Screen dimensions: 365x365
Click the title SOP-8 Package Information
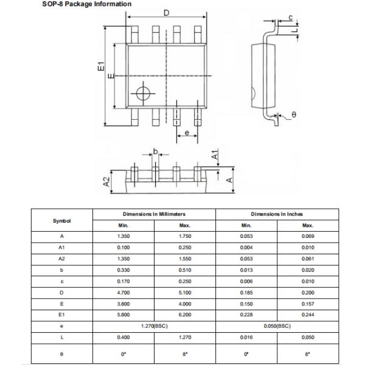pyautogui.click(x=77, y=4)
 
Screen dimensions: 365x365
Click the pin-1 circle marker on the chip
pyautogui.click(x=144, y=93)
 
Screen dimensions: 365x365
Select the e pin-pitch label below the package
pyautogui.click(x=186, y=133)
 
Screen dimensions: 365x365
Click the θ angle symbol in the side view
pyautogui.click(x=293, y=114)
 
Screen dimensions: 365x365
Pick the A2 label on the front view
pyautogui.click(x=106, y=181)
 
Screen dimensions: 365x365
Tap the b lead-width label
pyautogui.click(x=156, y=151)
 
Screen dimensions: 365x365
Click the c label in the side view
pyautogui.click(x=291, y=17)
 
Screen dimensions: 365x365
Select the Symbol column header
pyautogui.click(x=62, y=220)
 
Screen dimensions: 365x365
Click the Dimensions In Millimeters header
pyautogui.click(x=154, y=214)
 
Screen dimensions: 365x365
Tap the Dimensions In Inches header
pyautogui.click(x=277, y=214)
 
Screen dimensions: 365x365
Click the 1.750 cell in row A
pyautogui.click(x=186, y=235)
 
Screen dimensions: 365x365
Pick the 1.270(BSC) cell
pyautogui.click(x=154, y=325)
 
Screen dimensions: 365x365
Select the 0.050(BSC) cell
pyautogui.click(x=277, y=325)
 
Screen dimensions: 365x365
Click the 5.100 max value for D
pyautogui.click(x=186, y=292)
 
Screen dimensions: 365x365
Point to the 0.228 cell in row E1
pyautogui.click(x=246, y=315)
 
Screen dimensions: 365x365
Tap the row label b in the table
pyautogui.click(x=62, y=269)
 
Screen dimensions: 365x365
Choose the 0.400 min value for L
pyautogui.click(x=123, y=337)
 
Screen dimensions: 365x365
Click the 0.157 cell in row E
pyautogui.click(x=308, y=304)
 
